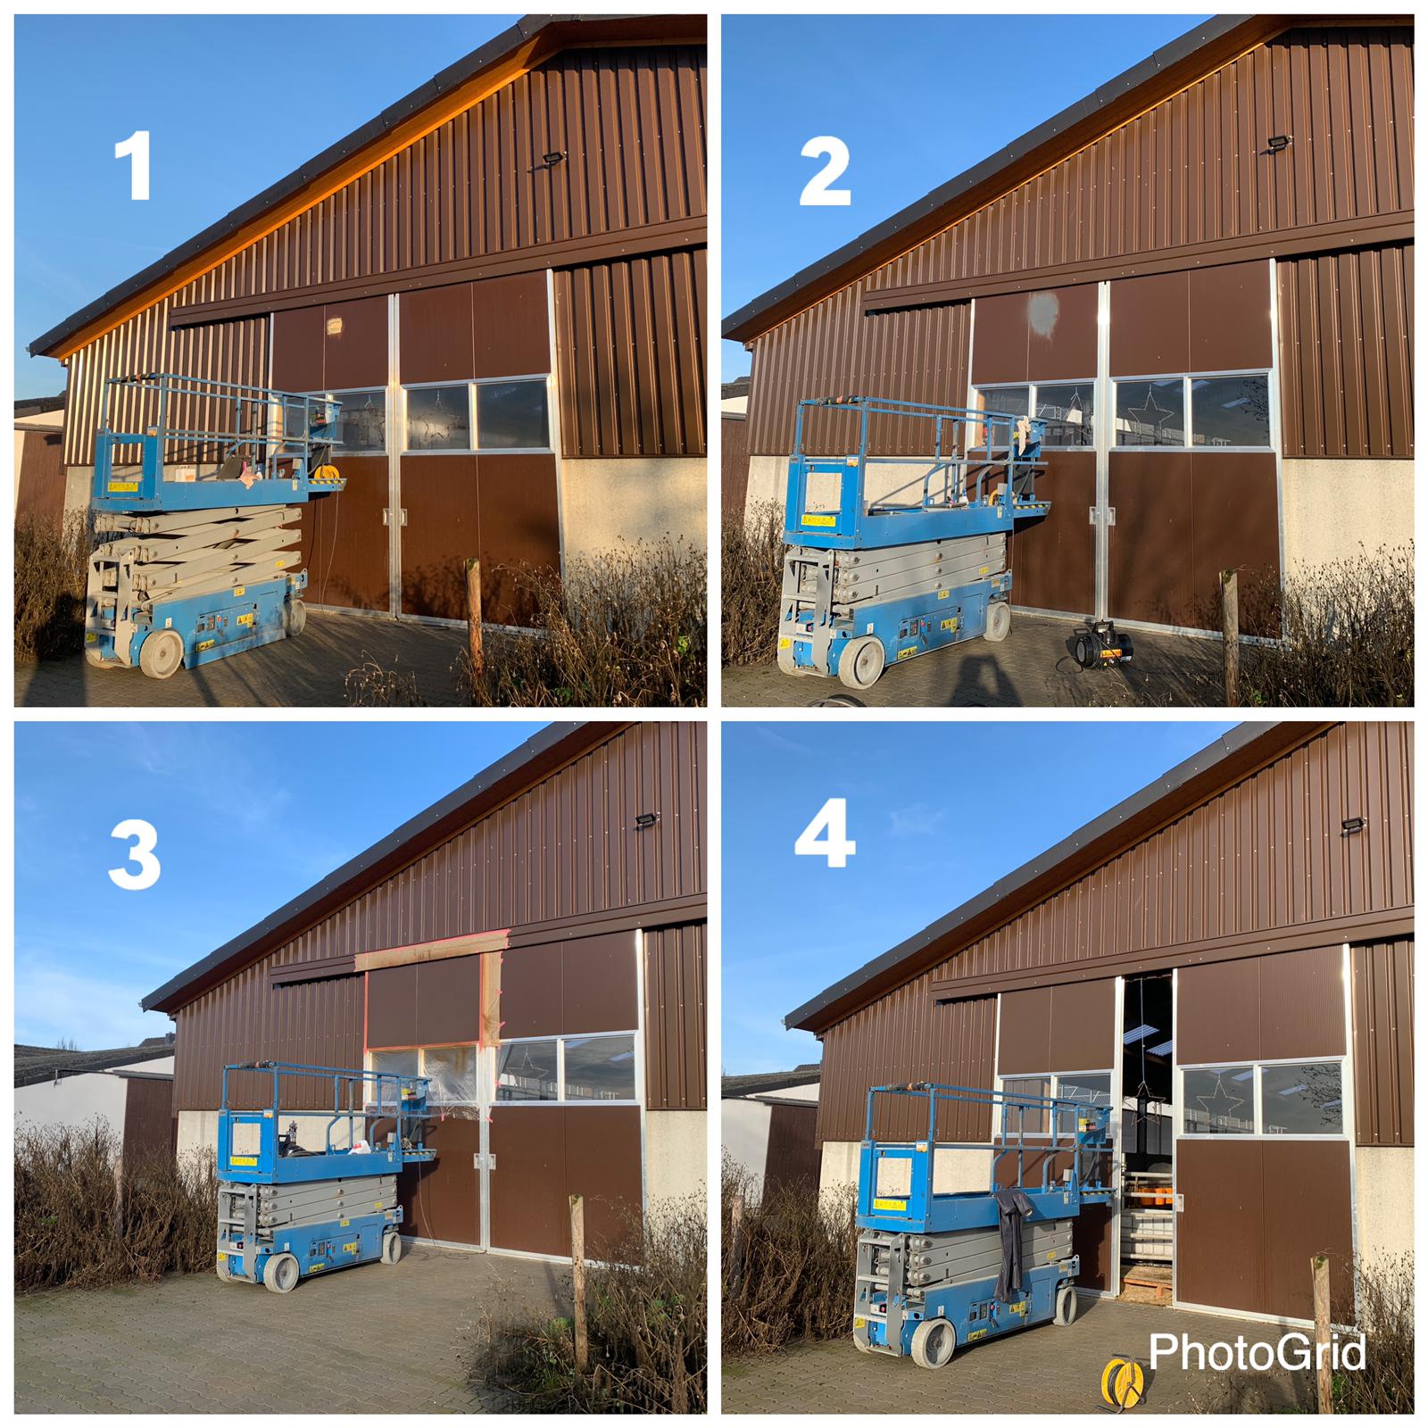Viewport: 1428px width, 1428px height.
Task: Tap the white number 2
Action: coord(825,172)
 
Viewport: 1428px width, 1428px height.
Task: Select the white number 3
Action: coord(135,856)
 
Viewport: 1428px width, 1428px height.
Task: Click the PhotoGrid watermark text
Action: coord(1257,1352)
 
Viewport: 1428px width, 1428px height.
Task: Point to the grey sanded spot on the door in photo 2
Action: coord(1042,311)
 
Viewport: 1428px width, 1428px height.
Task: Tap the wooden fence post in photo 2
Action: coord(1231,635)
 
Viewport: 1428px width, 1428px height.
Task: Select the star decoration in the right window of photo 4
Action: coord(1219,1101)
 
